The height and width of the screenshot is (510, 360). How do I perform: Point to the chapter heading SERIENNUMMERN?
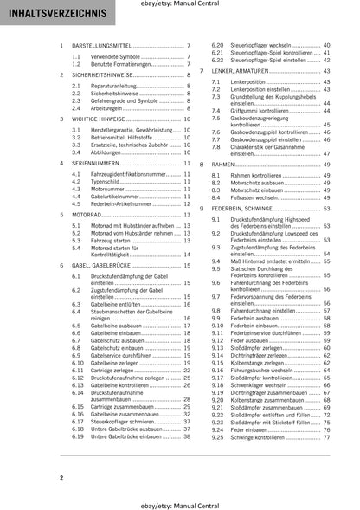point(94,163)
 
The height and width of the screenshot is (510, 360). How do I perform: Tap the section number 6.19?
point(80,435)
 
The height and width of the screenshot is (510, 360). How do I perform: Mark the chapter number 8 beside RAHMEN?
point(202,164)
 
